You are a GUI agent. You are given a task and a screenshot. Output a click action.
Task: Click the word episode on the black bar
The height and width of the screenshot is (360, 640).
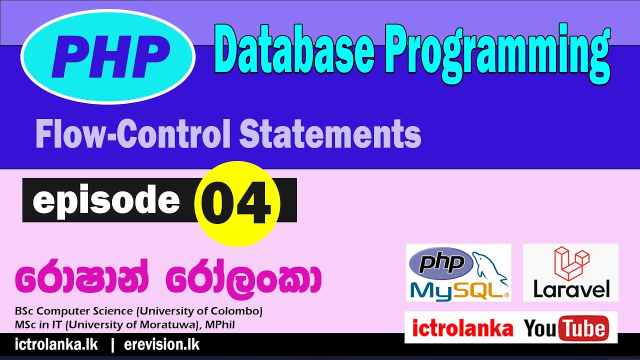(x=106, y=200)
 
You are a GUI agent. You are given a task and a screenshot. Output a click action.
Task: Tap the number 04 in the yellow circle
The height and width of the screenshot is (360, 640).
(x=237, y=203)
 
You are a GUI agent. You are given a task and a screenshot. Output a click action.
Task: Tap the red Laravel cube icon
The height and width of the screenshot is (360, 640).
(x=571, y=262)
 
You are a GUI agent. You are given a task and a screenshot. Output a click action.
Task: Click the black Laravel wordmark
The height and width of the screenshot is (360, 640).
(x=571, y=289)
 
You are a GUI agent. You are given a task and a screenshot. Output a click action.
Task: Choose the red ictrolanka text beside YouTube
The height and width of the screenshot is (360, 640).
(x=462, y=328)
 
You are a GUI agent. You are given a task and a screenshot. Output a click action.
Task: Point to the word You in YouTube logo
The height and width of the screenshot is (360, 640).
(x=541, y=328)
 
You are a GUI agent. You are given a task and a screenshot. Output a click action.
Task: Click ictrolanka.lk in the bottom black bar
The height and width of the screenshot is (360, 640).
(x=56, y=345)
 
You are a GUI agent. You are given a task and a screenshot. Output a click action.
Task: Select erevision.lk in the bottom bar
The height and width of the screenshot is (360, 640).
(x=161, y=345)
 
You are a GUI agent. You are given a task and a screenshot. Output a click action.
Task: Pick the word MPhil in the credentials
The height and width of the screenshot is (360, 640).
(x=220, y=325)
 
